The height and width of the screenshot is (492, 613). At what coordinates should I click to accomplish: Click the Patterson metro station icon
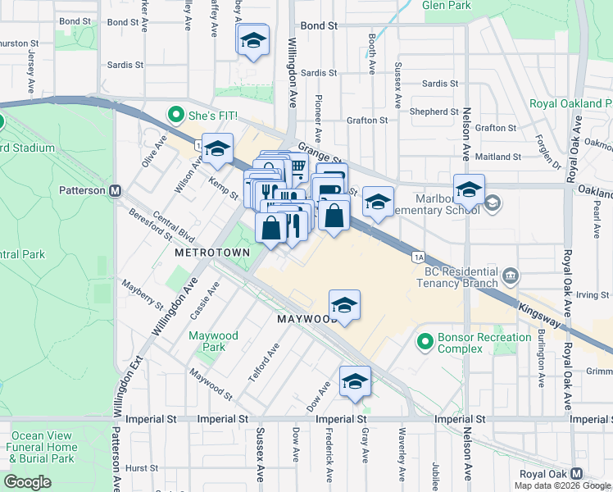pos(116,190)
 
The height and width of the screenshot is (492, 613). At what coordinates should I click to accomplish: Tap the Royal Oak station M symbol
pos(577,475)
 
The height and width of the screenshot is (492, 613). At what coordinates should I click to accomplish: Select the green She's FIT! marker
pos(174,116)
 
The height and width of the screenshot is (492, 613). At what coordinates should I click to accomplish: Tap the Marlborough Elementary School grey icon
pos(492,203)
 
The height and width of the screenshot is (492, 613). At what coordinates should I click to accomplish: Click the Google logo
pos(27,481)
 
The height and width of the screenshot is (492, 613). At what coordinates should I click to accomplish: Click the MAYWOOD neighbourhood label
pos(307,318)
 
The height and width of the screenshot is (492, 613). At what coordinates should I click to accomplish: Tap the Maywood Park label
pos(213,341)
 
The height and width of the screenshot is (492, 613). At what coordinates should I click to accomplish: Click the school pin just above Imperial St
pos(355,381)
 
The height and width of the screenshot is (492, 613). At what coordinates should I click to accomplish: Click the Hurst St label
pos(142,467)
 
